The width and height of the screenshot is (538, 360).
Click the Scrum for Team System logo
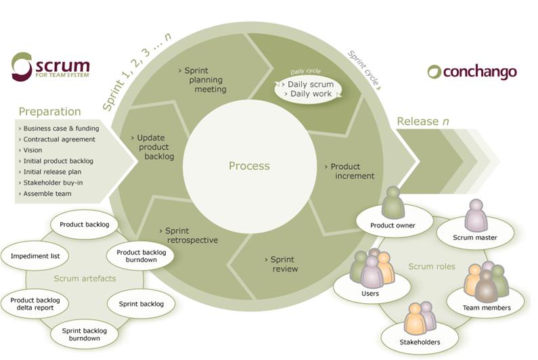[51, 66]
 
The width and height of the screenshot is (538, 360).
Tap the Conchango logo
[472, 72]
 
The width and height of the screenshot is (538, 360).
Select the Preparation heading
[49, 112]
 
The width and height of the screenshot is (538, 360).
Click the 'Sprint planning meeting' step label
[206, 80]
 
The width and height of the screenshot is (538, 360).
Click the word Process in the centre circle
[249, 166]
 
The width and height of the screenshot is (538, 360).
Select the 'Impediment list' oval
[35, 256]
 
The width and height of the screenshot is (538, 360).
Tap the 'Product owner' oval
[393, 225]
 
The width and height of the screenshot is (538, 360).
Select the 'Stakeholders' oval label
[419, 342]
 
